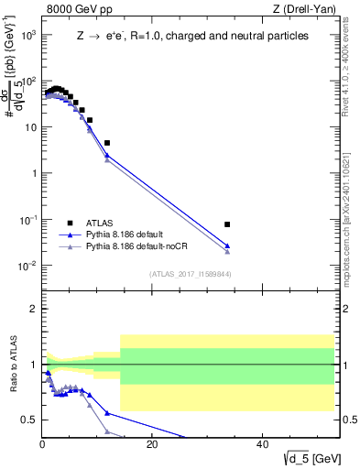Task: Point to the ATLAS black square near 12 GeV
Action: pos(107,143)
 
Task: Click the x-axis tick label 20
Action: pos(152,444)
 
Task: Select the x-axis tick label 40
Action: pos(262,444)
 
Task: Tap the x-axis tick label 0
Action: pos(42,444)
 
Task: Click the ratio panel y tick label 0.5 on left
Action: pos(29,420)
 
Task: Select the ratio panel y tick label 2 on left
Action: pos(33,309)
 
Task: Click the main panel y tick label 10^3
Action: pos(28,35)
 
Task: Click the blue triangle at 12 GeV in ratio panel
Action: pos(107,413)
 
